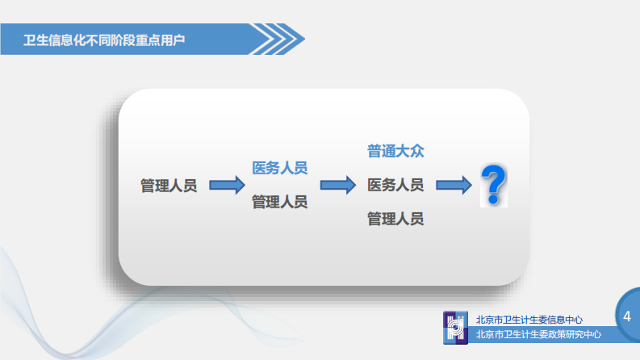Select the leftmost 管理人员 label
169,186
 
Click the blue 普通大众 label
395,151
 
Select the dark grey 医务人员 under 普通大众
395,185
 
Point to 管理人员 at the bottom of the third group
395,219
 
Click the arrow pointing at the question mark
454,186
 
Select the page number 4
626,316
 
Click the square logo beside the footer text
456,327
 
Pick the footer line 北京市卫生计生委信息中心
529,320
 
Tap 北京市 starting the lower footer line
489,334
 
